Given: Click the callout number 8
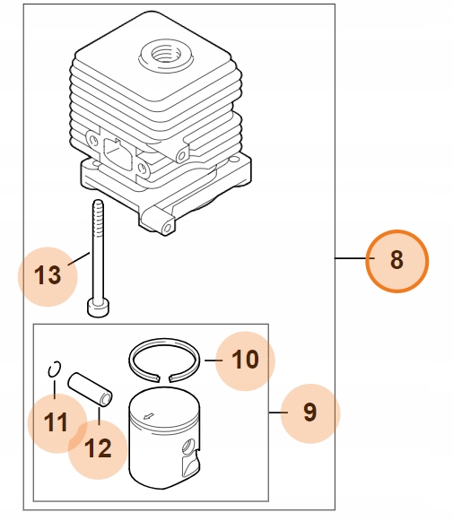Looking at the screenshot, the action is pos(396,260).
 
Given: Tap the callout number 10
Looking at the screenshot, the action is pos(245,360).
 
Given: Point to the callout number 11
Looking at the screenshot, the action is pos(56,422).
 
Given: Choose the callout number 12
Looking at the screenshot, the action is pos(98,448).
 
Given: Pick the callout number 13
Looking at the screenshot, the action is pos(48,275).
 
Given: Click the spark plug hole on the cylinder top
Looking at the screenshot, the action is pos(166,53).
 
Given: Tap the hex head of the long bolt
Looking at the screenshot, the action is pos(99,308).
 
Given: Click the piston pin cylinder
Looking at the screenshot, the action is pos(90,389).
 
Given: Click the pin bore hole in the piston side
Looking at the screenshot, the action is pos(189,446).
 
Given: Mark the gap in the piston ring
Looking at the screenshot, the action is pos(164,378).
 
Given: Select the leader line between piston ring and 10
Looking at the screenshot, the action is pos(213,360).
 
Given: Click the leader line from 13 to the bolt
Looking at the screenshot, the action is pos(79,259).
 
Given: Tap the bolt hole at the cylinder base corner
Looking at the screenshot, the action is pos(168,228).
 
